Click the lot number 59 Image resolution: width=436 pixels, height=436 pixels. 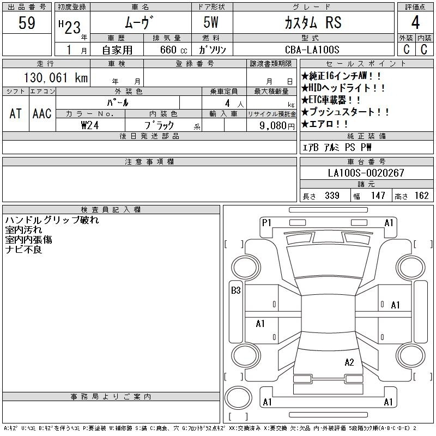click(27, 23)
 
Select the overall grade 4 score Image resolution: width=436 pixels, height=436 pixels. click(415, 22)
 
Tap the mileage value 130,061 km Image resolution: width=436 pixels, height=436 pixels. click(56, 77)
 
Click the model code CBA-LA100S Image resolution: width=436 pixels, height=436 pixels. click(312, 50)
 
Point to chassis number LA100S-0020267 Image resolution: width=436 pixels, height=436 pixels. click(366, 173)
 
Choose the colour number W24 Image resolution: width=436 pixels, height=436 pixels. click(90, 125)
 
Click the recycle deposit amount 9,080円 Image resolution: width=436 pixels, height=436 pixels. click(277, 126)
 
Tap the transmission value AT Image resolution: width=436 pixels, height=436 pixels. click(16, 113)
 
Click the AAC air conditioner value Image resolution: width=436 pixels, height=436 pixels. click(42, 113)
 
